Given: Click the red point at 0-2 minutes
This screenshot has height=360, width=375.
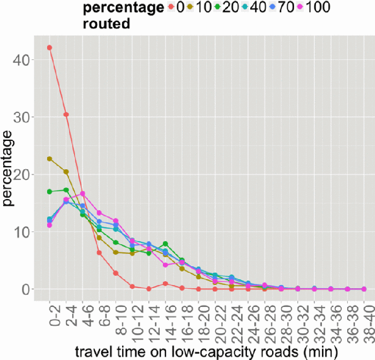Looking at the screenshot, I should pos(50,48).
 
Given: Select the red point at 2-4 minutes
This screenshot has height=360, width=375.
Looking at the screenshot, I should pos(66,115).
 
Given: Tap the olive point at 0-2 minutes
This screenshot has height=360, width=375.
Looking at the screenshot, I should pos(50,159).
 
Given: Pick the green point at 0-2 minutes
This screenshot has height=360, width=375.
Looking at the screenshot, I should pos(50,192).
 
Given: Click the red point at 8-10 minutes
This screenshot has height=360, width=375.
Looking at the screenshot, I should pos(116,273).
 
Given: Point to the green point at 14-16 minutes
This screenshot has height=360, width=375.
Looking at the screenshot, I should pos(166,244).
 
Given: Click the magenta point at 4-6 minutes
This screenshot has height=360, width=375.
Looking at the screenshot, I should pos(83,193).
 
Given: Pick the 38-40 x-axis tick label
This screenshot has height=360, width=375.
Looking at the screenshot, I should pos(364,321).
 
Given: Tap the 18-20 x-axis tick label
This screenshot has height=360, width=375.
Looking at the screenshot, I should pos(199,321).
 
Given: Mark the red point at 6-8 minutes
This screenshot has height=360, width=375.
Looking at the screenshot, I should pos(100,252).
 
